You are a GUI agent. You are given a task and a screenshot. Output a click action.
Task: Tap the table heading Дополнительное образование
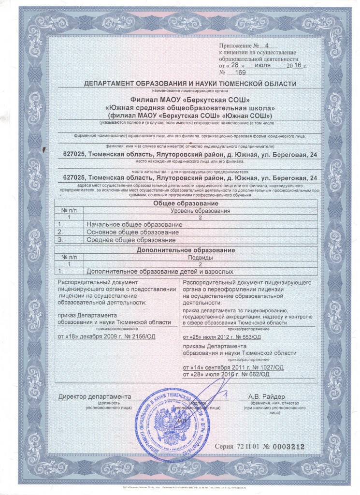186,250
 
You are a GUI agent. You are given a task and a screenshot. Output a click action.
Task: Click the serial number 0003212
287,448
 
